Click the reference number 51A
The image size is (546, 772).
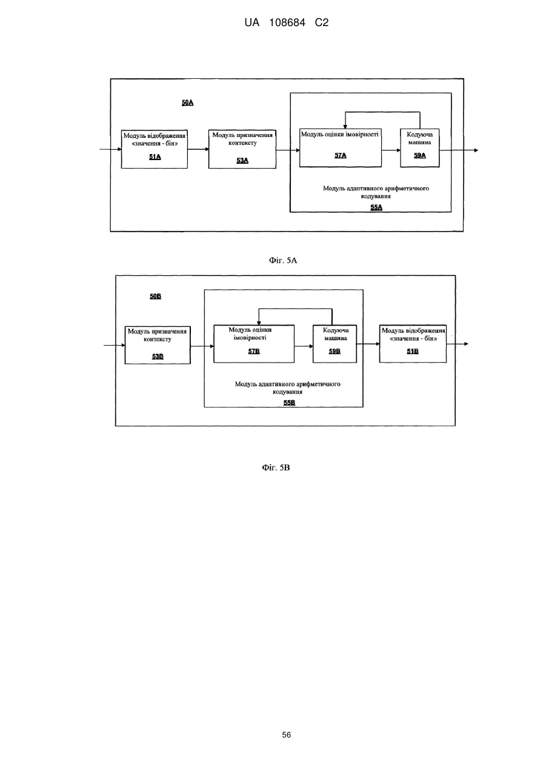[x=155, y=157]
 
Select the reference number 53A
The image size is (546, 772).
[x=242, y=161]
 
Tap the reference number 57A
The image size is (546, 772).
[x=341, y=155]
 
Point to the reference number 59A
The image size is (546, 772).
[x=419, y=155]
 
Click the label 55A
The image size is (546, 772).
[x=376, y=207]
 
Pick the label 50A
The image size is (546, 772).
[x=187, y=102]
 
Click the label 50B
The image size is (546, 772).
[x=155, y=297]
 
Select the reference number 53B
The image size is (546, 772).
[x=158, y=357]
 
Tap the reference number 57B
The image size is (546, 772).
[x=254, y=351]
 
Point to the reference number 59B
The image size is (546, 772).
[x=335, y=351]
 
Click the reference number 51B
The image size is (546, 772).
[x=413, y=351]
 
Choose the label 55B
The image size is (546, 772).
[x=290, y=403]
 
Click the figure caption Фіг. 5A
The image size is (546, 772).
[x=283, y=261]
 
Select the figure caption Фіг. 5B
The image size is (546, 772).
[x=276, y=468]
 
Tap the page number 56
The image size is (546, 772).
[x=286, y=735]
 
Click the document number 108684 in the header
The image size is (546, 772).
[x=287, y=23]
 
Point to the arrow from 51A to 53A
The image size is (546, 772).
[x=198, y=149]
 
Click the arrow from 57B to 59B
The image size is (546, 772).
[x=304, y=346]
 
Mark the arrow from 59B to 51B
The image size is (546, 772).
[x=368, y=344]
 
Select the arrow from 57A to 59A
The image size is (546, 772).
[x=391, y=150]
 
